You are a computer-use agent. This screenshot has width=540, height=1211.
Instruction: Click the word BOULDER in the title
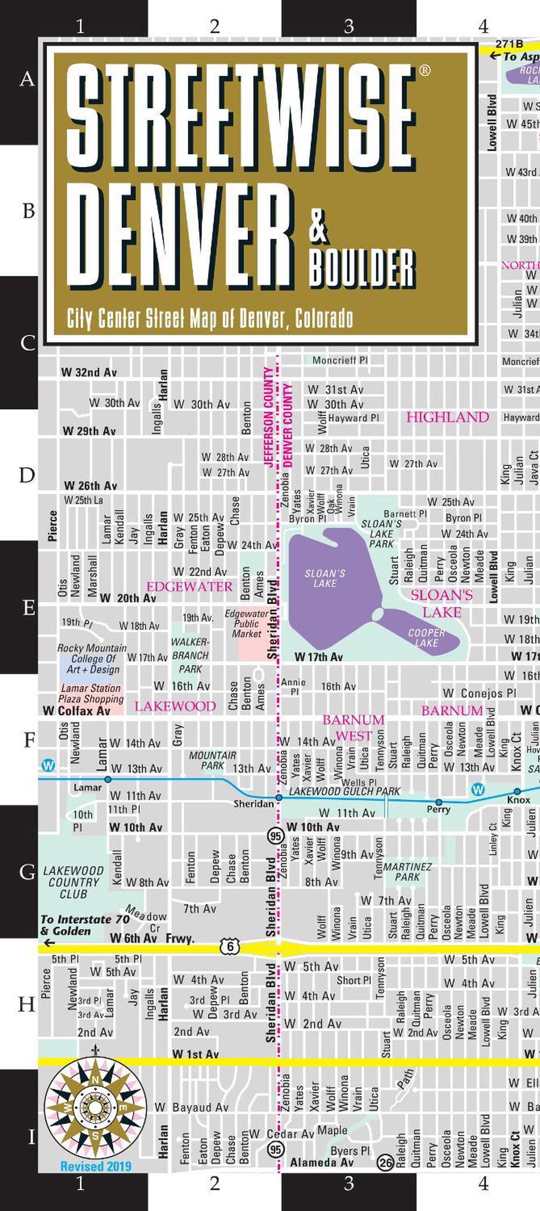point(362,268)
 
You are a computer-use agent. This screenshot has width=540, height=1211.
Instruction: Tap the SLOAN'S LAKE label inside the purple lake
point(325,578)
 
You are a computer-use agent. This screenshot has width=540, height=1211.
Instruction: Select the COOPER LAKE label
point(427,637)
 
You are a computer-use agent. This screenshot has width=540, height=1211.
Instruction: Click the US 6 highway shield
point(230,946)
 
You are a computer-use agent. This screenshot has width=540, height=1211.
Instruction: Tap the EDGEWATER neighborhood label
point(189,587)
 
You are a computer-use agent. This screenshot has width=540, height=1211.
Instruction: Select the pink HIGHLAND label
point(447,417)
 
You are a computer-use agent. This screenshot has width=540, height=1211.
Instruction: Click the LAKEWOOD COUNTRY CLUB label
point(73,882)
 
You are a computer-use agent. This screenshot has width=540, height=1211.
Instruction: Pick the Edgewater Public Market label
point(247,623)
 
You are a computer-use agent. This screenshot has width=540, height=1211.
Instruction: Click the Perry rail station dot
point(438,802)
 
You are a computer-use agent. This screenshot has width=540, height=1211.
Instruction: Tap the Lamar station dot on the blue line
point(108,779)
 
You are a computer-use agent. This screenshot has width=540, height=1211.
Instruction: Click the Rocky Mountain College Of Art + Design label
point(92,658)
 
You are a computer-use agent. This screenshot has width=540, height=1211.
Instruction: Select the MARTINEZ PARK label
point(407,872)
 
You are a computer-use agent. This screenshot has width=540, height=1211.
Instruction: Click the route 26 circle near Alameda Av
point(385,1162)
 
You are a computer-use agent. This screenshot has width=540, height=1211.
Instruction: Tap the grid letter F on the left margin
point(29,739)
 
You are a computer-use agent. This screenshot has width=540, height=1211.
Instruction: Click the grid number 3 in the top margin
point(349,26)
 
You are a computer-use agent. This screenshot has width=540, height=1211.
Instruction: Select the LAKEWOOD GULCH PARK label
point(345,791)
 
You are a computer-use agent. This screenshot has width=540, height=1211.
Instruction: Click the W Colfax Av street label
point(77,711)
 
